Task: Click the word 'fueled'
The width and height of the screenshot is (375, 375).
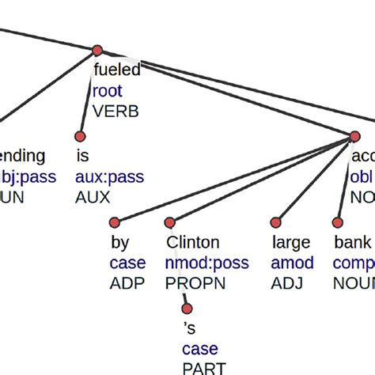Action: point(116,70)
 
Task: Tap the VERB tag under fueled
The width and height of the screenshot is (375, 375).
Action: point(116,111)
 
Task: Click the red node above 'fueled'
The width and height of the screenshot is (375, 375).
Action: point(97,51)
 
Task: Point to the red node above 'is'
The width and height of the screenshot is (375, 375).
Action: point(78,136)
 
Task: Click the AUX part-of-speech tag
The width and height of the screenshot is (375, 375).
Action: point(92,197)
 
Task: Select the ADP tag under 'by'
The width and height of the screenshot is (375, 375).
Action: point(127,283)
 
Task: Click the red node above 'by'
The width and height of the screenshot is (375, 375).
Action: point(115,223)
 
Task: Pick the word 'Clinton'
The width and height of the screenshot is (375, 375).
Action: point(192,242)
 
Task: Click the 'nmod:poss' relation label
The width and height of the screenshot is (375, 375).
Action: point(206,263)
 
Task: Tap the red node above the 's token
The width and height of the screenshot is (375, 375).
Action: point(187,309)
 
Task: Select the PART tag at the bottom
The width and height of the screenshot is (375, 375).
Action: point(203,368)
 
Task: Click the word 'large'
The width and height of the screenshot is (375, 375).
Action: point(290,242)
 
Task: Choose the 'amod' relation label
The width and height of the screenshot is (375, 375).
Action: point(292,263)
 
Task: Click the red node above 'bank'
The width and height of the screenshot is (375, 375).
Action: point(338,223)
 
